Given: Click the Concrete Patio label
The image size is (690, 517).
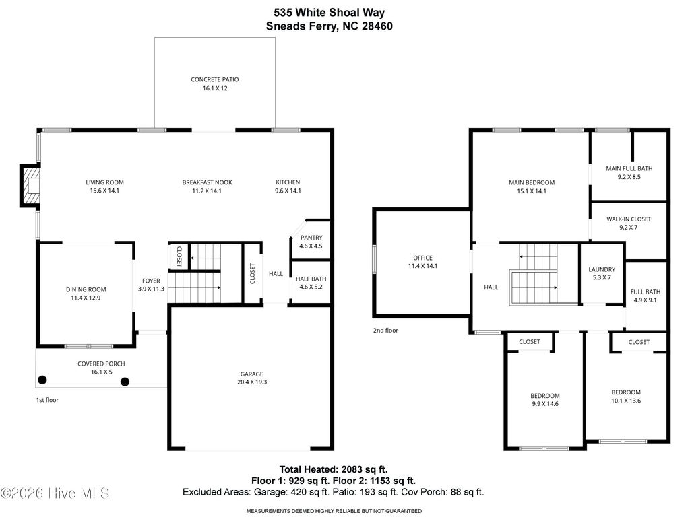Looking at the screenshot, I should [214, 79].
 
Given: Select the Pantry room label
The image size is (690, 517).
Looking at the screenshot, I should [311, 238].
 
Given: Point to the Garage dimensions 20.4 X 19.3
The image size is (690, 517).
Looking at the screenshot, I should [251, 382].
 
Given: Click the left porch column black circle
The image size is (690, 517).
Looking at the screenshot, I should [42, 380].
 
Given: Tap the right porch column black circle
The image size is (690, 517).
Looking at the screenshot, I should [125, 382].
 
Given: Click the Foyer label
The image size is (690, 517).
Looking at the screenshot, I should [151, 281].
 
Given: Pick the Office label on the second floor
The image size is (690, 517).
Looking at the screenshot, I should [422, 258].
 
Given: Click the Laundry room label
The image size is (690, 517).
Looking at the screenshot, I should [602, 269].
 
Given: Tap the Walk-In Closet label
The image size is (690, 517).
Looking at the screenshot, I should [628, 219].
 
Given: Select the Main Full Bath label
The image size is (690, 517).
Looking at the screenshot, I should [629, 168].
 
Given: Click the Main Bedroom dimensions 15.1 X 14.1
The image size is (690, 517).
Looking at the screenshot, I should [531, 191].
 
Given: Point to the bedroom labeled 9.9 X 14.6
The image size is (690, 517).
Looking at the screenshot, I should [544, 404].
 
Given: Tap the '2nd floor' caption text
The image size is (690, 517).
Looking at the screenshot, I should [385, 331].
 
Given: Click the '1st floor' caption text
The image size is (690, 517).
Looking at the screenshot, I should [47, 400].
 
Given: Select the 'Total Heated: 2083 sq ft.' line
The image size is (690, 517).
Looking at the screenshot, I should [334, 469].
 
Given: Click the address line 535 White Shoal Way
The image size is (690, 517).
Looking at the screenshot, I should [329, 12].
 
